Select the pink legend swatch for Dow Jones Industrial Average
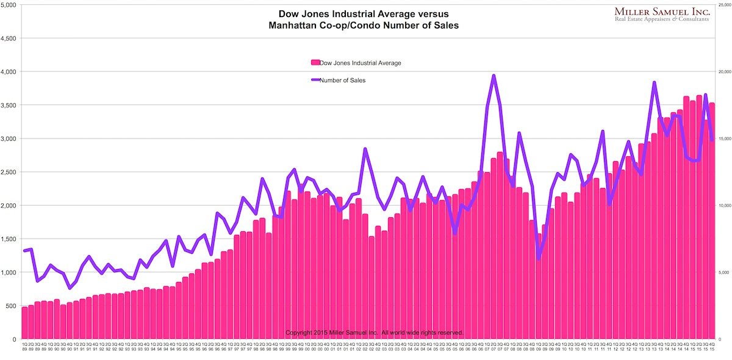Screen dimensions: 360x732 click(315, 63)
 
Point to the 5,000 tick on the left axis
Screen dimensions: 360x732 click(9, 5)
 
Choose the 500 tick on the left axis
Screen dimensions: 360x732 click(11, 306)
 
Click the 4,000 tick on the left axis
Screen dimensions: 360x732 click(9, 72)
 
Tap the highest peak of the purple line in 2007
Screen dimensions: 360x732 click(493, 76)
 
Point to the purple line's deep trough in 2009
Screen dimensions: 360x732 click(539, 259)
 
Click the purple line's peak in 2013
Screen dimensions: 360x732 click(654, 82)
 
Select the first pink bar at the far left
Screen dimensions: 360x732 click(24, 323)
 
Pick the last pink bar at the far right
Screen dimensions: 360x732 click(711, 220)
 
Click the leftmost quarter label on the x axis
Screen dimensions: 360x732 click(24, 346)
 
